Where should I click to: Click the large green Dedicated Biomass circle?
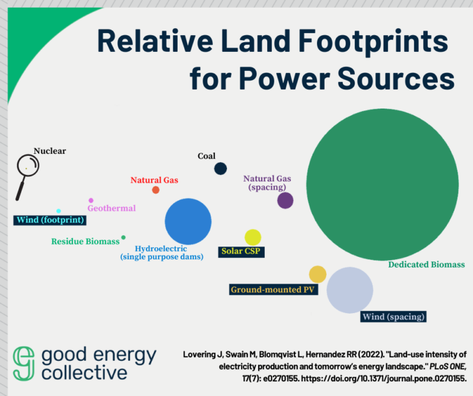coord(382,183)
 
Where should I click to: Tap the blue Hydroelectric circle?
coord(188,221)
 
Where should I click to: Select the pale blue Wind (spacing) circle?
coord(350,290)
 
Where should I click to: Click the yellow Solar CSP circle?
coord(252,237)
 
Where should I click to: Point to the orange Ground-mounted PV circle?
coord(318,274)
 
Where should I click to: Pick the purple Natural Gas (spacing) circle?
coord(285,201)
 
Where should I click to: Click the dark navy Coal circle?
coord(221,169)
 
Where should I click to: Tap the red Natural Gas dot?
coord(155,190)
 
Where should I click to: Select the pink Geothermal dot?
coord(91,201)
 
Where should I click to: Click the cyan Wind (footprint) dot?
coord(59,211)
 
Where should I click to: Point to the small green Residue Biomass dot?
coord(123,238)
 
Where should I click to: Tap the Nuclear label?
coord(50,151)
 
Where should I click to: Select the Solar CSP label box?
coord(242,251)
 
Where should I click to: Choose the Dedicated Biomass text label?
coord(426,264)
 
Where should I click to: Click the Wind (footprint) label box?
coord(50,221)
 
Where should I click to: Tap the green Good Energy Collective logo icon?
coord(24,363)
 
